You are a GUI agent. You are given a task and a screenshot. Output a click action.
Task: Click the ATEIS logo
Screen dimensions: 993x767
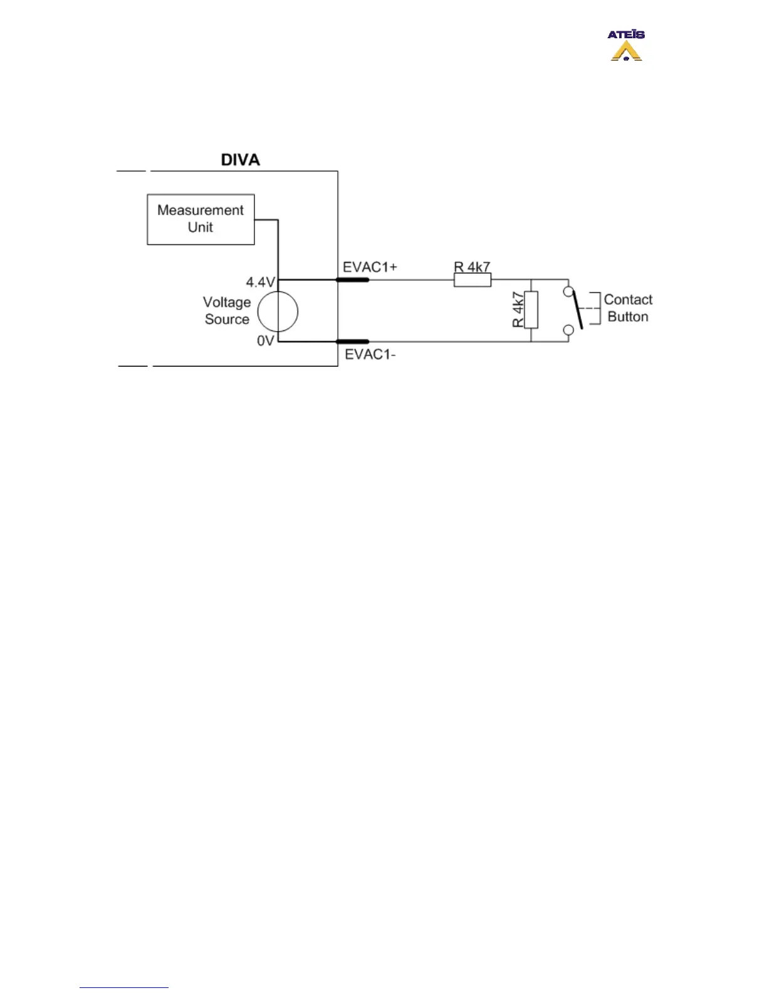click(626, 46)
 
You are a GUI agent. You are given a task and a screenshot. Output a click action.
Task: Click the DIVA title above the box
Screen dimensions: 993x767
click(240, 160)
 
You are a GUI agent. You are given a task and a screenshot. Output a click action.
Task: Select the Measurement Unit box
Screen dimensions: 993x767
click(201, 219)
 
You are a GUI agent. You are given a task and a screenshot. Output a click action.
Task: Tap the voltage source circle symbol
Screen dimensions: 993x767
click(278, 311)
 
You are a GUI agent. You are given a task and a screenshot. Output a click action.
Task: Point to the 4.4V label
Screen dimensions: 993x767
click(259, 283)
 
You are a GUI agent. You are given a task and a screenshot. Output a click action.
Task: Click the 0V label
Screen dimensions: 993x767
click(265, 341)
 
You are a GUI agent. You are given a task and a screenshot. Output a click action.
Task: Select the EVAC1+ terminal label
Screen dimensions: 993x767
click(370, 267)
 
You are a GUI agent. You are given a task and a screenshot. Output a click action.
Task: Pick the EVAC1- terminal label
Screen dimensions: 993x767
click(370, 354)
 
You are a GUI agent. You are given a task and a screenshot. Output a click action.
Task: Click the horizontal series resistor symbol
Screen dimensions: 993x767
click(472, 280)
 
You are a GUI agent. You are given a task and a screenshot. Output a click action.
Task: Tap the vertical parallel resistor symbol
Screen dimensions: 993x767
click(531, 310)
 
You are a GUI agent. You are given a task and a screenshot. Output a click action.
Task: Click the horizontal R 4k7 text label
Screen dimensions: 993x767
click(472, 267)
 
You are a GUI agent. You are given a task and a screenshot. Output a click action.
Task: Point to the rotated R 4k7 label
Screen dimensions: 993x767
click(518, 310)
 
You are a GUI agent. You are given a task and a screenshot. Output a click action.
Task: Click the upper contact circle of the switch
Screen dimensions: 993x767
click(568, 292)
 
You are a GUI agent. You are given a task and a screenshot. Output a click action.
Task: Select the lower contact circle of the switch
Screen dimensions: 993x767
click(568, 330)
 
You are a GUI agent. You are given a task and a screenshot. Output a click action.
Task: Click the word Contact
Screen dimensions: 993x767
click(628, 300)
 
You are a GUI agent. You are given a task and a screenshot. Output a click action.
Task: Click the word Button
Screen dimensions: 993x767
click(628, 317)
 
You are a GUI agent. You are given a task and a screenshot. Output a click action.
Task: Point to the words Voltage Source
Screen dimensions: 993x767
click(227, 311)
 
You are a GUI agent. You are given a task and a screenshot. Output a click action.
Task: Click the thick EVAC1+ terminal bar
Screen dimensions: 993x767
click(353, 280)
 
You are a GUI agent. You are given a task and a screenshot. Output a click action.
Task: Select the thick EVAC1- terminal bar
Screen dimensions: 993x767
click(353, 342)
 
